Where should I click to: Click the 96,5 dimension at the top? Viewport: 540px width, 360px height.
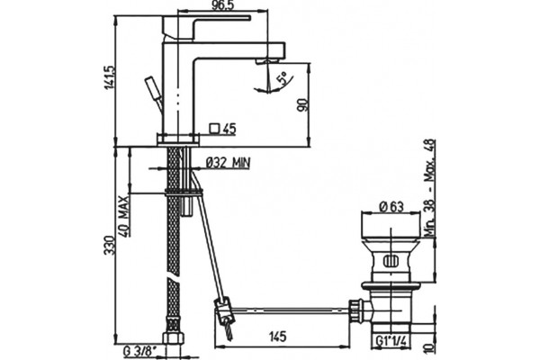pyautogui.click(x=221, y=6)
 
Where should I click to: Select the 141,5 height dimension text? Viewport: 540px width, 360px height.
pyautogui.click(x=109, y=77)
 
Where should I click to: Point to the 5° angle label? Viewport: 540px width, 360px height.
pyautogui.click(x=282, y=78)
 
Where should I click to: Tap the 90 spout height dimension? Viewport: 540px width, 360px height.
pyautogui.click(x=302, y=104)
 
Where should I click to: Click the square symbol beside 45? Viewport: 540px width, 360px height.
pyautogui.click(x=214, y=128)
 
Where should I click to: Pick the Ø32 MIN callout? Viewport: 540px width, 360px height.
pyautogui.click(x=229, y=162)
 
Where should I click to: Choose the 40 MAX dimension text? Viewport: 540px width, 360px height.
pyautogui.click(x=124, y=216)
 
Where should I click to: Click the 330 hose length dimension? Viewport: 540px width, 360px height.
pyautogui.click(x=110, y=246)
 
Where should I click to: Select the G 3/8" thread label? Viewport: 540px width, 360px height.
pyautogui.click(x=140, y=352)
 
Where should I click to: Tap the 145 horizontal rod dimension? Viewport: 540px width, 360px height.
pyautogui.click(x=277, y=336)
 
